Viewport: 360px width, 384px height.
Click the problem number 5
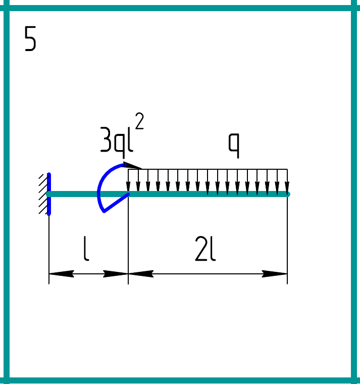(30, 38)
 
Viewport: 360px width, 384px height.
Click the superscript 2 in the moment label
(139, 120)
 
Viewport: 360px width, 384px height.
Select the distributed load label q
(234, 146)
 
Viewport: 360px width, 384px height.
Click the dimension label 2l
(205, 249)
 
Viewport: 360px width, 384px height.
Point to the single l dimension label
(86, 248)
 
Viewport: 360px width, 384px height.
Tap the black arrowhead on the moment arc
(132, 165)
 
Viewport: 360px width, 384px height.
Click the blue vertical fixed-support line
(49, 194)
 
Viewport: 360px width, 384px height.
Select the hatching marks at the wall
(43, 194)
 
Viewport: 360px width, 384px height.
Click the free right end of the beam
(288, 194)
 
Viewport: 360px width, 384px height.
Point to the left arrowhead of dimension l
(62, 274)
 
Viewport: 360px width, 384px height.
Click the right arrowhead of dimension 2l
(274, 274)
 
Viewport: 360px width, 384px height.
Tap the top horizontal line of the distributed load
(208, 169)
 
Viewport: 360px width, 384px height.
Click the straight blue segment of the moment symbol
(117, 203)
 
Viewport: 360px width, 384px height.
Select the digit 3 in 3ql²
(106, 139)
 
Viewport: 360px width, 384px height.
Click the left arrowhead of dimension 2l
(141, 274)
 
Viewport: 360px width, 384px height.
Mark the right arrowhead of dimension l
(116, 274)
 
